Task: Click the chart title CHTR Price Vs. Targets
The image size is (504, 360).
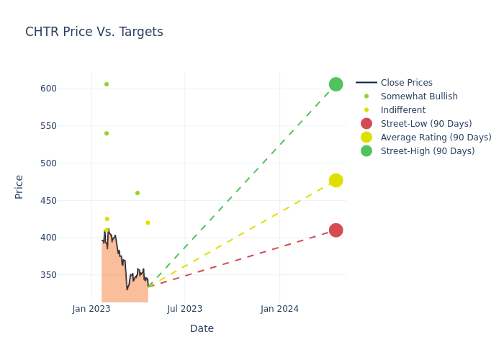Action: coord(94,32)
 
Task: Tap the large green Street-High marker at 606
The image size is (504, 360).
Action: coord(336,84)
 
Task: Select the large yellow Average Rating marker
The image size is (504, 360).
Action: coord(336,180)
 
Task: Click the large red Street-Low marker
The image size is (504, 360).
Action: coord(336,230)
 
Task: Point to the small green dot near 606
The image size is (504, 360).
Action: coord(107,84)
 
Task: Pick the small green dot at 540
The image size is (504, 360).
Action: coord(107,133)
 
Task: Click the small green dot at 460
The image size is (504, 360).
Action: coord(138,193)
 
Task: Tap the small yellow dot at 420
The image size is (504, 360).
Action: coord(148,222)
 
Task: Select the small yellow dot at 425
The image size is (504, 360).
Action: coord(107,219)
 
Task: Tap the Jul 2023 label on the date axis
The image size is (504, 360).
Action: coord(184,309)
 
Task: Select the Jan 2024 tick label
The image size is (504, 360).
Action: coord(279,309)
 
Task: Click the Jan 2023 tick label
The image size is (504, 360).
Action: coord(91,309)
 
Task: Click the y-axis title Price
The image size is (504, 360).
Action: coord(19,186)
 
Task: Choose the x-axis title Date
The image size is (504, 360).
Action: coord(202,328)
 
